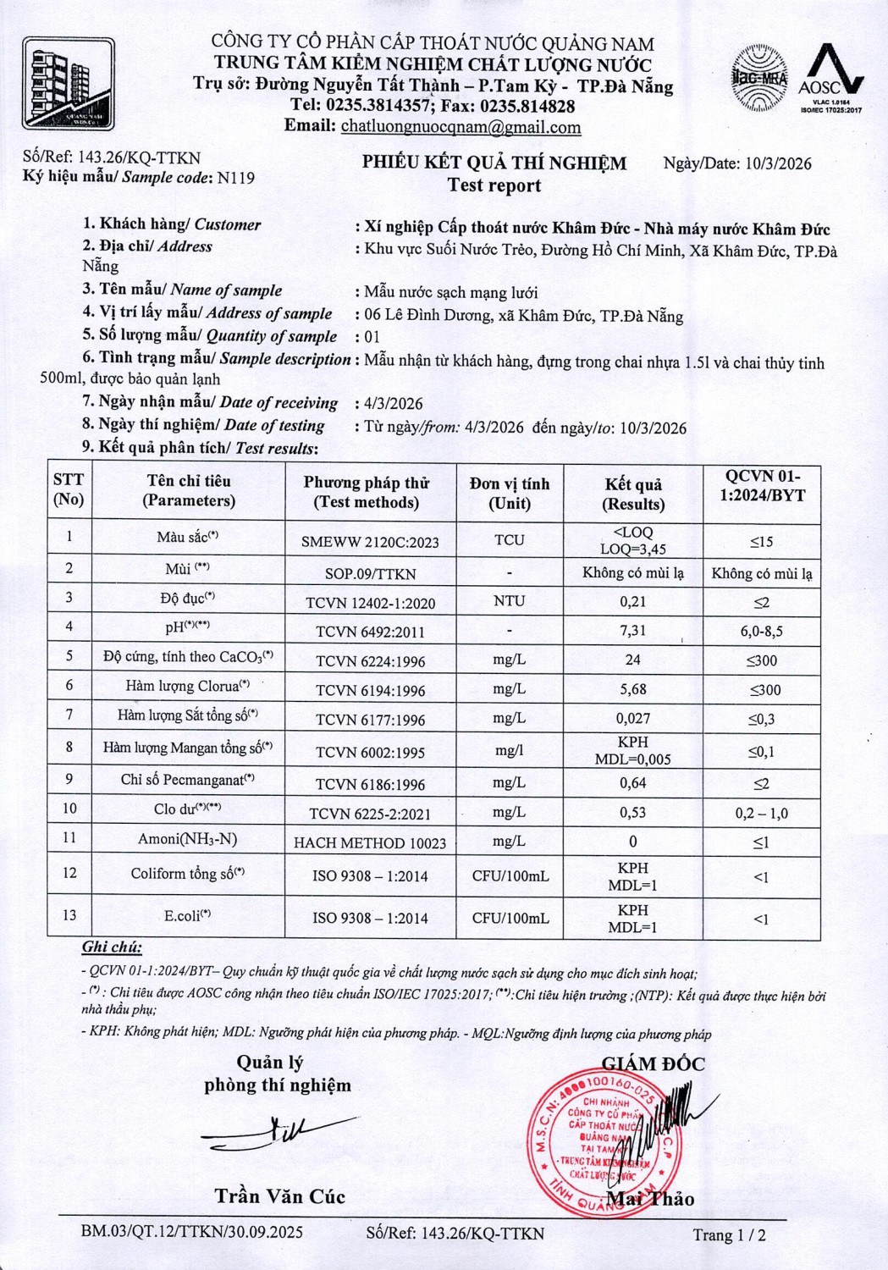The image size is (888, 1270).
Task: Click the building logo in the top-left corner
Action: [69, 83]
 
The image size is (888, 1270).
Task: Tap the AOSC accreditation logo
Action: [831, 80]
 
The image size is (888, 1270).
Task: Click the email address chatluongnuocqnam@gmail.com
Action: [461, 128]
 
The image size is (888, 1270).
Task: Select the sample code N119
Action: [236, 178]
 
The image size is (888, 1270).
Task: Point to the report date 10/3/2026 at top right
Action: [778, 163]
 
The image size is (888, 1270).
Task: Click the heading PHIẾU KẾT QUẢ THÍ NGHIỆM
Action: [494, 163]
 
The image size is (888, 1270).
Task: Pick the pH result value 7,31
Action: [632, 631]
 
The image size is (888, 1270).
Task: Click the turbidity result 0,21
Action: [632, 602]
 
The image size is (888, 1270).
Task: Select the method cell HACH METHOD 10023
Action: [370, 842]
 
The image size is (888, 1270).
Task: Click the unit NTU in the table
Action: [509, 601]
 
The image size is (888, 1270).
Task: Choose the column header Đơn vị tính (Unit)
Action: [510, 493]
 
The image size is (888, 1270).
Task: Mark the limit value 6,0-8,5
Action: [761, 632]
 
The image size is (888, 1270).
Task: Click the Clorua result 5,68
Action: [632, 690]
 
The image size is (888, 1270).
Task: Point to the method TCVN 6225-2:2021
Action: [370, 814]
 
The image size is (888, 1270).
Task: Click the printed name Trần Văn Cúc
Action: [279, 1196]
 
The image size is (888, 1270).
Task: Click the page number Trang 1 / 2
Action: [729, 1234]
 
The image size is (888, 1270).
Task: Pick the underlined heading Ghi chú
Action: [112, 947]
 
